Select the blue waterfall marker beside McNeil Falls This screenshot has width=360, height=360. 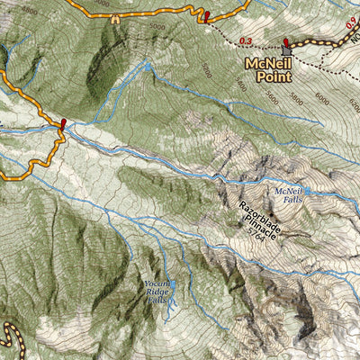[x=307, y=191]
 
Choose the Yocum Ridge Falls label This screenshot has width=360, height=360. [x=158, y=292]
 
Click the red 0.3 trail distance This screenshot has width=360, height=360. [x=247, y=40]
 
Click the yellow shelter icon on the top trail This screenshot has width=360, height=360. [x=117, y=17]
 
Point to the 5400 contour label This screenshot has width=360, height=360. [x=207, y=70]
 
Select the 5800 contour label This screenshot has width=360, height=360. [x=295, y=94]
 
